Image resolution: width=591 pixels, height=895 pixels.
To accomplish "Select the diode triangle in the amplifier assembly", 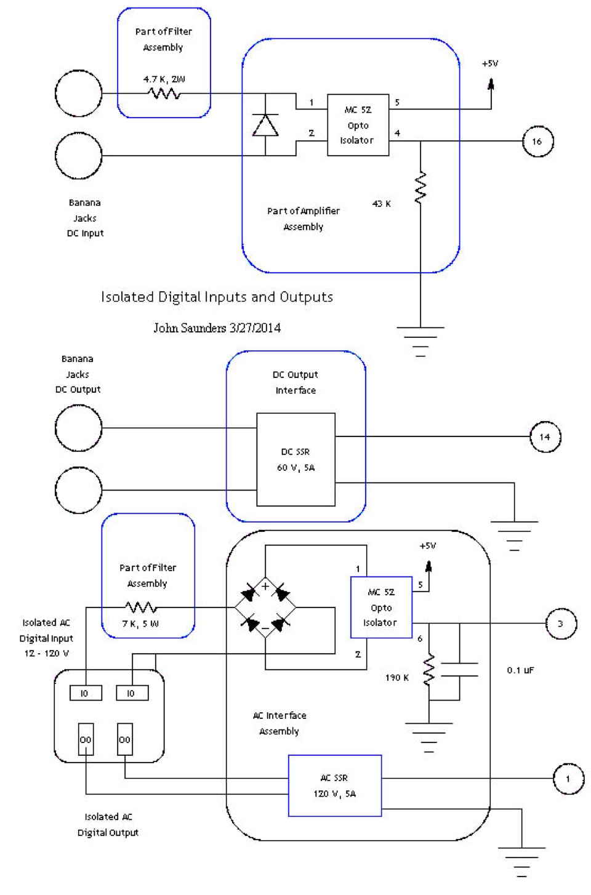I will pos(265,125).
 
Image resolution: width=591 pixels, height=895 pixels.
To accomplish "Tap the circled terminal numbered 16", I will pos(537,141).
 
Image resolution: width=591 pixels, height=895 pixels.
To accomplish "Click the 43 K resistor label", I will pos(382,204).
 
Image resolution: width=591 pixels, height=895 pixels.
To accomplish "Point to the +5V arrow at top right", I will pos(491,85).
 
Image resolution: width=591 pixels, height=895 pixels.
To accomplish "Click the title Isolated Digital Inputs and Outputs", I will pos(217,297).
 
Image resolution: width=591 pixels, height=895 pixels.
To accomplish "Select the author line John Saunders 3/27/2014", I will pos(217,328).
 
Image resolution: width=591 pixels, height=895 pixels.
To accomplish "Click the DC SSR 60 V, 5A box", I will pos(295,459).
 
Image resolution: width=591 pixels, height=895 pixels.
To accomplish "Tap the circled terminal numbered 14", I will pos(545,436).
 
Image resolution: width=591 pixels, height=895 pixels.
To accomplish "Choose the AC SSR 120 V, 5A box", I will pos(335,785).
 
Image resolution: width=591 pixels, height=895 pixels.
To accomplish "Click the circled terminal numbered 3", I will pos(560,624).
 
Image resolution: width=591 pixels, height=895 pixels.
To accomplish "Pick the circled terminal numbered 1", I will pos(567,779).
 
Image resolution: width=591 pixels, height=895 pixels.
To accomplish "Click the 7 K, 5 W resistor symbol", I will pos(141,608).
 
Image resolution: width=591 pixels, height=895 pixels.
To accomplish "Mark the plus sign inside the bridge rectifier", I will pos(265,587).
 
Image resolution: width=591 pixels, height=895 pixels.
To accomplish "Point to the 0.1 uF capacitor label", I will pos(520,670).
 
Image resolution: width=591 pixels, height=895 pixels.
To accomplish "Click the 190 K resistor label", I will pos(397,678).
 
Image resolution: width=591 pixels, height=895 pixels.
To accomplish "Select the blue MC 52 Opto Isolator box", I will pos(381,608).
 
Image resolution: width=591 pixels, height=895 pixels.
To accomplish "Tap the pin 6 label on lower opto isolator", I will pos(420,638).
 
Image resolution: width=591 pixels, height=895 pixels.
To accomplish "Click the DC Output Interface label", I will pos(295,382).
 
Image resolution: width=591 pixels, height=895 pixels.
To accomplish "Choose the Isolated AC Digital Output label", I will pos(108,825).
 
